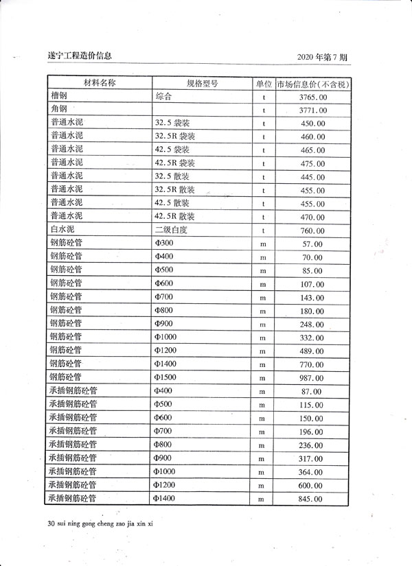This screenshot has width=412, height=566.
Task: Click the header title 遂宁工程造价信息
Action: (x=80, y=56)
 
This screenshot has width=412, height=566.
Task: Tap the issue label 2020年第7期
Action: (x=323, y=56)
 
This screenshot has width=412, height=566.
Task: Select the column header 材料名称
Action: (x=100, y=84)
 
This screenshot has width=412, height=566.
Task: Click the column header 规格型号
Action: (x=202, y=84)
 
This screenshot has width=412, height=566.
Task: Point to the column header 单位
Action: (x=264, y=84)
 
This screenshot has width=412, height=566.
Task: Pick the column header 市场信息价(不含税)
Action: (x=313, y=84)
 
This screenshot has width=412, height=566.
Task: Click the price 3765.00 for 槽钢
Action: (x=313, y=97)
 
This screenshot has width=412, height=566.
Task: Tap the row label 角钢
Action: (x=58, y=110)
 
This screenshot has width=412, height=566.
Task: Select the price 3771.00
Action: (x=313, y=110)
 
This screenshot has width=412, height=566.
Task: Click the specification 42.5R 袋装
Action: (x=175, y=163)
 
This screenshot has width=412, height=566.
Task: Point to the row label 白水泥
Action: (x=62, y=231)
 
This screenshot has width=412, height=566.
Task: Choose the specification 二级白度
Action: (x=171, y=231)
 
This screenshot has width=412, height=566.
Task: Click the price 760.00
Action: (x=313, y=231)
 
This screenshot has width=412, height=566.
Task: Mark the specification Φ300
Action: (x=164, y=244)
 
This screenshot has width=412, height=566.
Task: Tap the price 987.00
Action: (x=313, y=378)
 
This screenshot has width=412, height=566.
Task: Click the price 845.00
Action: (x=313, y=499)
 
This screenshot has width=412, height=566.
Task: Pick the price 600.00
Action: (x=313, y=486)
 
